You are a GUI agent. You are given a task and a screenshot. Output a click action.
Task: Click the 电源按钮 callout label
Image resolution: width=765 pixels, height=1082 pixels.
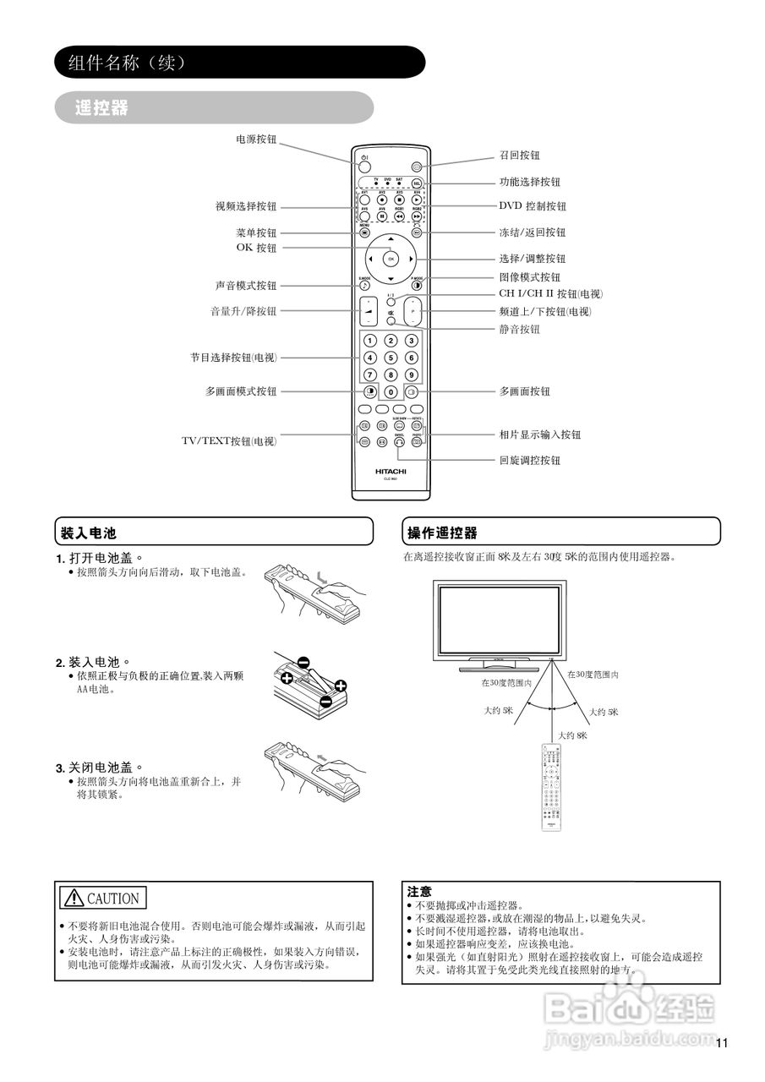click(256, 139)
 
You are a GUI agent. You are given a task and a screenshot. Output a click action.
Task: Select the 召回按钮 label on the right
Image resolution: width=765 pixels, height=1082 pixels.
click(519, 156)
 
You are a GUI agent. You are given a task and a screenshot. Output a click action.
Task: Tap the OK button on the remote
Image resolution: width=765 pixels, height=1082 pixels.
click(391, 259)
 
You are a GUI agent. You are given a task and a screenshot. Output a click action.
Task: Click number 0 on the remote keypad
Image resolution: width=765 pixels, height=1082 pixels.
click(391, 392)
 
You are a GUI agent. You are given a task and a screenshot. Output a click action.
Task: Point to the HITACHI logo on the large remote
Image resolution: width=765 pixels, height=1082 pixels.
click(391, 471)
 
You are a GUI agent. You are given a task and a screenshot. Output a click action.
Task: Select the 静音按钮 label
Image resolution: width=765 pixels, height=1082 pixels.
click(519, 330)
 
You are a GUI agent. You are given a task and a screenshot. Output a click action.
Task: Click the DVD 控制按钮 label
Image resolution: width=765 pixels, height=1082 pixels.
click(533, 206)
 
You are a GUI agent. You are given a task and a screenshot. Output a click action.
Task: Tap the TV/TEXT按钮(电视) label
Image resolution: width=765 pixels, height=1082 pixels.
click(229, 441)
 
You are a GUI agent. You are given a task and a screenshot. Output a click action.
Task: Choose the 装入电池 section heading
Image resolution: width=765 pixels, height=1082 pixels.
click(88, 533)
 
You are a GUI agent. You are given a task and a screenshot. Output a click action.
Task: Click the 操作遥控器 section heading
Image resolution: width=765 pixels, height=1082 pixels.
click(443, 533)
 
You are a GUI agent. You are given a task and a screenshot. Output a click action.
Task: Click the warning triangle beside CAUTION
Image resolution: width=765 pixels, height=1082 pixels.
click(74, 898)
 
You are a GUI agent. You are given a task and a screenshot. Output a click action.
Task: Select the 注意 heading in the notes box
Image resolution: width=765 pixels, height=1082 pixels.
click(419, 891)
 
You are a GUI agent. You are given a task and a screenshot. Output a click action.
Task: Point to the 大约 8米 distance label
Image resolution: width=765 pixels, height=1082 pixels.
click(571, 735)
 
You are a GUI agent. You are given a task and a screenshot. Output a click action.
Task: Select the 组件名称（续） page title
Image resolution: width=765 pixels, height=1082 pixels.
click(120, 63)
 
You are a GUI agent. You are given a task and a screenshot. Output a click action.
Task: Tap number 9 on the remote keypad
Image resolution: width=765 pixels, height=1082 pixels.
click(411, 375)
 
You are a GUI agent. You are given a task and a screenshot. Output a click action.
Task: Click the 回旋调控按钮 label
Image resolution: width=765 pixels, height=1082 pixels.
click(529, 461)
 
